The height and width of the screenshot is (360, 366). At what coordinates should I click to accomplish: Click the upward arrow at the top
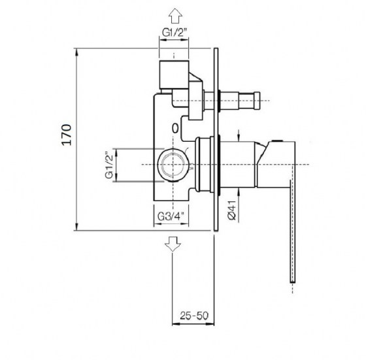[173, 14]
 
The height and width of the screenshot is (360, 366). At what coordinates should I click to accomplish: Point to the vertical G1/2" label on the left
[110, 166]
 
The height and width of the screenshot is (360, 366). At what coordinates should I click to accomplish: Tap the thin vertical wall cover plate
[215, 137]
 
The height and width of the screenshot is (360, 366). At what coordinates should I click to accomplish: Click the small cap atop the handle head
[280, 140]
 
